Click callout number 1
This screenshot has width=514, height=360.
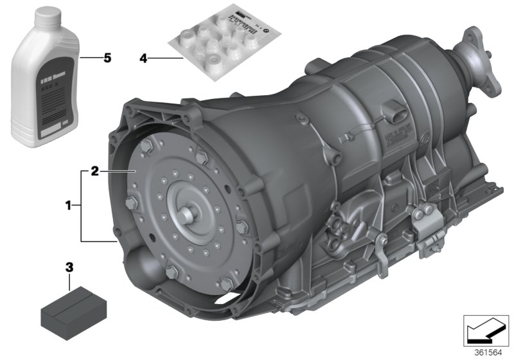tap(68, 206)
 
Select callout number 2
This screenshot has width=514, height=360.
tap(94, 172)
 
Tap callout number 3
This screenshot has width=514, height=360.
tap(69, 265)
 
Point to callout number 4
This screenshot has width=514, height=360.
tap(144, 59)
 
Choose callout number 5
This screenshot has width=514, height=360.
tap(107, 58)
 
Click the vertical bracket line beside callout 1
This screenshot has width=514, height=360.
tap(81, 206)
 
